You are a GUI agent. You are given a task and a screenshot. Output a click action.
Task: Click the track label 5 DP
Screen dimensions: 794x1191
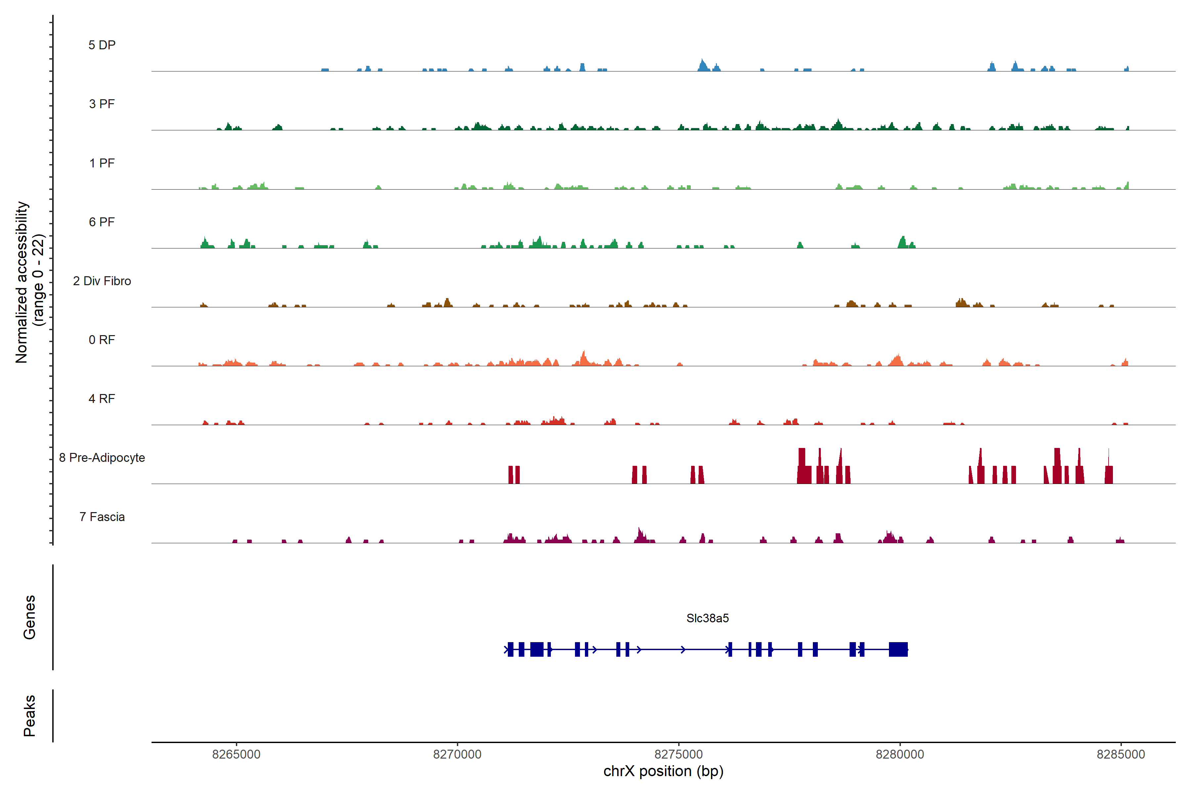tap(102, 45)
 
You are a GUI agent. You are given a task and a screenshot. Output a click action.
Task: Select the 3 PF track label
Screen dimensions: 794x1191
tap(102, 104)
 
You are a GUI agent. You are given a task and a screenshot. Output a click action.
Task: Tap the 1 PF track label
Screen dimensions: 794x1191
tap(102, 163)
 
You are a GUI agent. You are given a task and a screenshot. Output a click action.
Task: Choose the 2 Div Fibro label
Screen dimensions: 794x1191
tap(102, 281)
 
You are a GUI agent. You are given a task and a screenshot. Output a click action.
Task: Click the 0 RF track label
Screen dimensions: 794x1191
tap(102, 340)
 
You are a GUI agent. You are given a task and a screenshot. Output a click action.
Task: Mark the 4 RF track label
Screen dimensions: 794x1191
tap(102, 399)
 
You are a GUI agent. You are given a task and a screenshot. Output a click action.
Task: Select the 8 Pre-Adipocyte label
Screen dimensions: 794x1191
tap(102, 458)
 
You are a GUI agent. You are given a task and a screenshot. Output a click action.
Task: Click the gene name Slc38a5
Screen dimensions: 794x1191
tap(707, 618)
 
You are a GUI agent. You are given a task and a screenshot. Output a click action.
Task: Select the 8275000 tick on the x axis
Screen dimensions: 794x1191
tap(679, 755)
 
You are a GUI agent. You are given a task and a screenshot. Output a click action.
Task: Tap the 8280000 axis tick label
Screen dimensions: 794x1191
tap(900, 755)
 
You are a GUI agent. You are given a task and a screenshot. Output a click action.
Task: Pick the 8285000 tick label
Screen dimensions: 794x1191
tap(1121, 755)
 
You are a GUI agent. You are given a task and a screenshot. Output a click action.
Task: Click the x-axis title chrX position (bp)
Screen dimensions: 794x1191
tap(663, 771)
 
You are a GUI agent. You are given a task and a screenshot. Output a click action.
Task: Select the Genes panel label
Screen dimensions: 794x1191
tap(29, 617)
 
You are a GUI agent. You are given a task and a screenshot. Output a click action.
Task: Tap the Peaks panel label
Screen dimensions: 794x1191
tap(29, 716)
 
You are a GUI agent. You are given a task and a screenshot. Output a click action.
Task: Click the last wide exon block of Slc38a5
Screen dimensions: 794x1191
tap(898, 649)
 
